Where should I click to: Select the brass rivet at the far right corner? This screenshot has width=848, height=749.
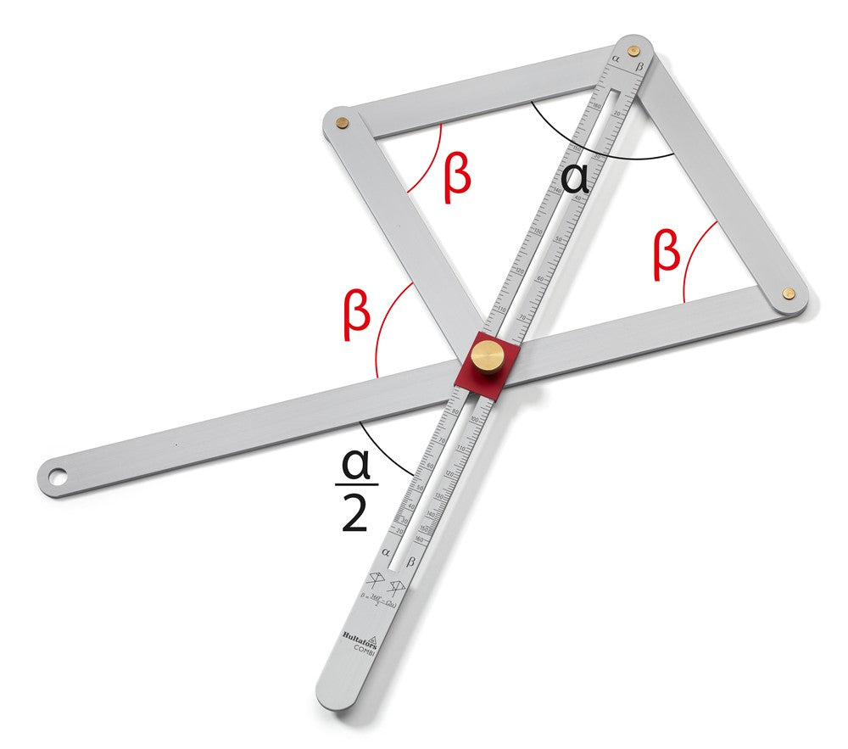[789, 293]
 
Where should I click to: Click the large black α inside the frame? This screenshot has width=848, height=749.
[574, 179]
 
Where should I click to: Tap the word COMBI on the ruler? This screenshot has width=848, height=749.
[365, 649]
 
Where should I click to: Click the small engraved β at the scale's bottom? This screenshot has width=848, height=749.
[410, 562]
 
